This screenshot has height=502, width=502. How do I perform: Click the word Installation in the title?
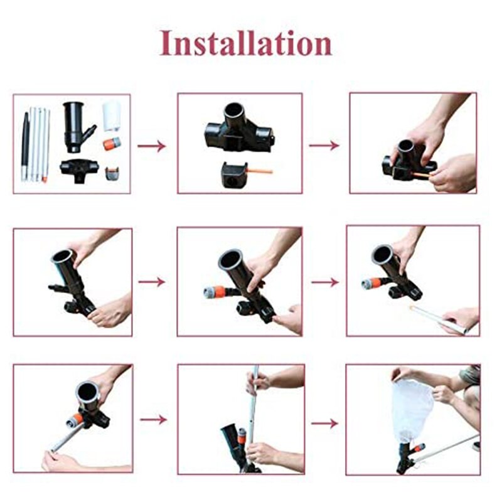pyautogui.click(x=245, y=43)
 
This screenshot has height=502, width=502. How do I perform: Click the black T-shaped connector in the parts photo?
pyautogui.click(x=79, y=169)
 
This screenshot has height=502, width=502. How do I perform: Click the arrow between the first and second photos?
pyautogui.click(x=152, y=146)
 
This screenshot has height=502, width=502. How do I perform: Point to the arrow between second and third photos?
pyautogui.click(x=324, y=146)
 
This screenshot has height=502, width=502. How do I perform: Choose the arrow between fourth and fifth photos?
pyautogui.click(x=152, y=282)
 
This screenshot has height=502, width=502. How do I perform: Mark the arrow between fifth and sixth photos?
pyautogui.click(x=324, y=282)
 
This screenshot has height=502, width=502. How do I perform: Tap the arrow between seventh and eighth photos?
pyautogui.click(x=152, y=419)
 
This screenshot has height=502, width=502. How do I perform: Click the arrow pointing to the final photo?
pyautogui.click(x=324, y=424)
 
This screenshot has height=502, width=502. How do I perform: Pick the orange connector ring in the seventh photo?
pyautogui.click(x=77, y=418)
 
